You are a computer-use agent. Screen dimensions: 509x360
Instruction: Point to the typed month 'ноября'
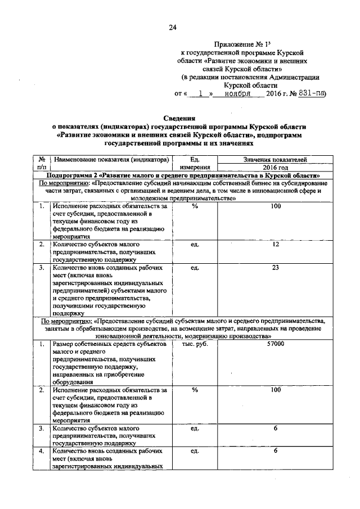coord(237,93)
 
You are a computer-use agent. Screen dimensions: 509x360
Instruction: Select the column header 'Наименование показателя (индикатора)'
coord(111,160)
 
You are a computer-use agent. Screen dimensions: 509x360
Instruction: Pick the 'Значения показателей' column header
coord(275,160)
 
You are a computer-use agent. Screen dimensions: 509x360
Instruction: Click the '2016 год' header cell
coord(275,168)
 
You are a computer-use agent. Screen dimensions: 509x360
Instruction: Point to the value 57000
coord(275,344)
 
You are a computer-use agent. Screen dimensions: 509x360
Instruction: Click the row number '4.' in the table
coord(42,451)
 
